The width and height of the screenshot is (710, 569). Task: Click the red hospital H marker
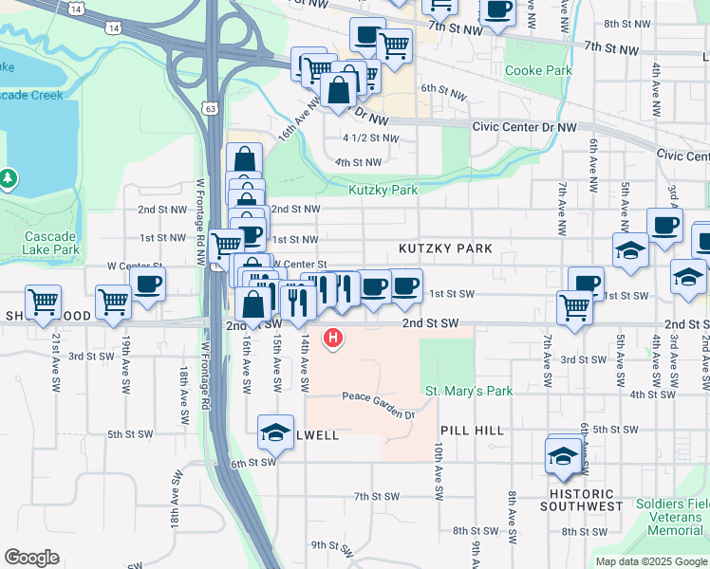332,338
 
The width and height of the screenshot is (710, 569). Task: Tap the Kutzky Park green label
383,190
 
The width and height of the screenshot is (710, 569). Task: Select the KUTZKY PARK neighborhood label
445,248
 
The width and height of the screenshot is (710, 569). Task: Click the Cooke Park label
538,70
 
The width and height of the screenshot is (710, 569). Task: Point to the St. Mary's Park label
468,391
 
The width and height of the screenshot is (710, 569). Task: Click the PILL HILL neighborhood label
476,431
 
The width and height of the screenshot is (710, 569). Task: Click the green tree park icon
9,177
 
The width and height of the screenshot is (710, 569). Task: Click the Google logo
31,558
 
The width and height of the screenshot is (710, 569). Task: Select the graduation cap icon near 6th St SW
275,431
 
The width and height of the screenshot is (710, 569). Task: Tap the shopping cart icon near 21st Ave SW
43,302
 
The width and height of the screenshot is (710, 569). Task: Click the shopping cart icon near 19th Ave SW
113,302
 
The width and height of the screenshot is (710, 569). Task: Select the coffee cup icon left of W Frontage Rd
148,284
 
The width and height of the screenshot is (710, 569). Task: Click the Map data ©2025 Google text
651,561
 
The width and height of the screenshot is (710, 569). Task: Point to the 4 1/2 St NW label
370,138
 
